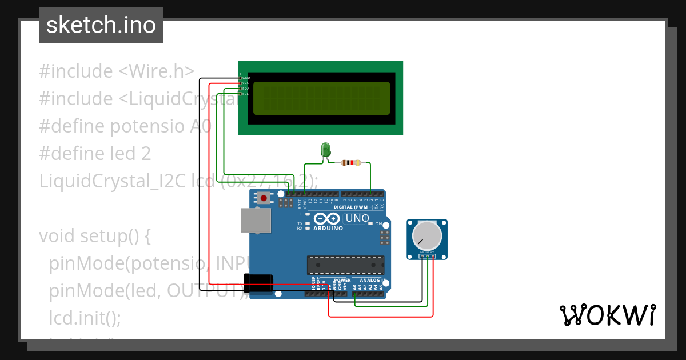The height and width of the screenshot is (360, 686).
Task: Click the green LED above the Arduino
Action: [326, 150]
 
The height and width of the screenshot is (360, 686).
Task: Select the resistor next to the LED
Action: [350, 163]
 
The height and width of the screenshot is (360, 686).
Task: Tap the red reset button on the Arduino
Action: [264, 198]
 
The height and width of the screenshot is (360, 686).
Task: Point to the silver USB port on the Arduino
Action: [256, 220]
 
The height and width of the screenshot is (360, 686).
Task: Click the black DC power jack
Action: [258, 283]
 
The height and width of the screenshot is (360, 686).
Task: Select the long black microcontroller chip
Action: [345, 265]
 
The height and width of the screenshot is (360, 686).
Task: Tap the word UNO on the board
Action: [357, 218]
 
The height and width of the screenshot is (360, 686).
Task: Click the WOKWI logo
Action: [607, 315]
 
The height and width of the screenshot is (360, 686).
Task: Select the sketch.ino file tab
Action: [101, 25]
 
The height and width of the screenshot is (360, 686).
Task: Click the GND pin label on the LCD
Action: [246, 77]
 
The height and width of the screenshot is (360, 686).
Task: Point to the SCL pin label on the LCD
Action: [245, 94]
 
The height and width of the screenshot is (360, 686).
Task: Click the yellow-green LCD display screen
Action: [321, 98]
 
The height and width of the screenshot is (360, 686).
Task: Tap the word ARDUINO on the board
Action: [328, 228]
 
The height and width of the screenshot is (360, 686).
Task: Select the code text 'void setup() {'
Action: [94, 236]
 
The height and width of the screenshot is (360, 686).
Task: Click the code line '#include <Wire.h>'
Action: [117, 71]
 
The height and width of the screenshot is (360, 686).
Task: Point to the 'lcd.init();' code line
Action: [85, 318]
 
